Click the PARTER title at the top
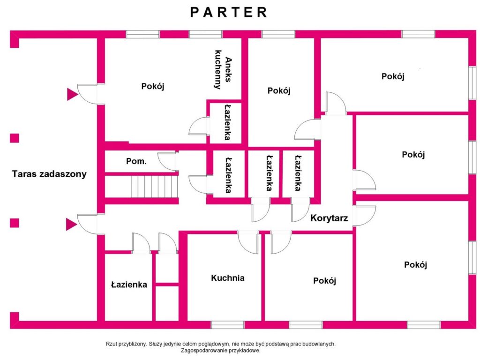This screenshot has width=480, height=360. (229, 12)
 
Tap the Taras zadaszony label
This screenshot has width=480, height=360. (49, 174)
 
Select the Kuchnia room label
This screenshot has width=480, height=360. (228, 278)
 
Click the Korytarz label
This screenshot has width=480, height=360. (329, 218)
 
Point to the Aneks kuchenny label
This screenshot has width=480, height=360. (223, 69)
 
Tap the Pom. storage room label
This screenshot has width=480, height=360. (136, 161)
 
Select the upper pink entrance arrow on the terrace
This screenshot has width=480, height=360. (73, 94)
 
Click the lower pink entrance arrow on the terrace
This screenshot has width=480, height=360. (72, 225)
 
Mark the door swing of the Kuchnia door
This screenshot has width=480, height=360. (248, 242)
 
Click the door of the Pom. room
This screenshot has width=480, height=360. (168, 161)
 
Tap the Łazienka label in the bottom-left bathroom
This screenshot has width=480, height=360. (129, 285)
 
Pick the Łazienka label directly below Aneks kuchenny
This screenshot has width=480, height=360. (227, 122)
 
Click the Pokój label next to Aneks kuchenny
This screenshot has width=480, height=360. (153, 86)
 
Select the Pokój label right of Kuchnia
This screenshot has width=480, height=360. (324, 281)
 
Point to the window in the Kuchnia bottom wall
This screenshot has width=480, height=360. (227, 325)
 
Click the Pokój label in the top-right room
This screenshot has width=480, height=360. (393, 76)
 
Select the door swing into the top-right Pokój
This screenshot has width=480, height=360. (336, 103)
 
